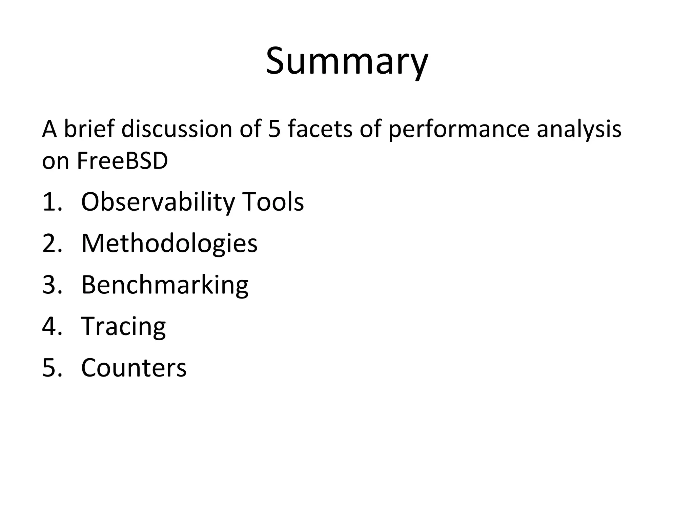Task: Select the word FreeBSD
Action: [x=122, y=161]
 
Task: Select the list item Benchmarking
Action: [x=165, y=285]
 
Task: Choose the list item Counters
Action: [x=134, y=368]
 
